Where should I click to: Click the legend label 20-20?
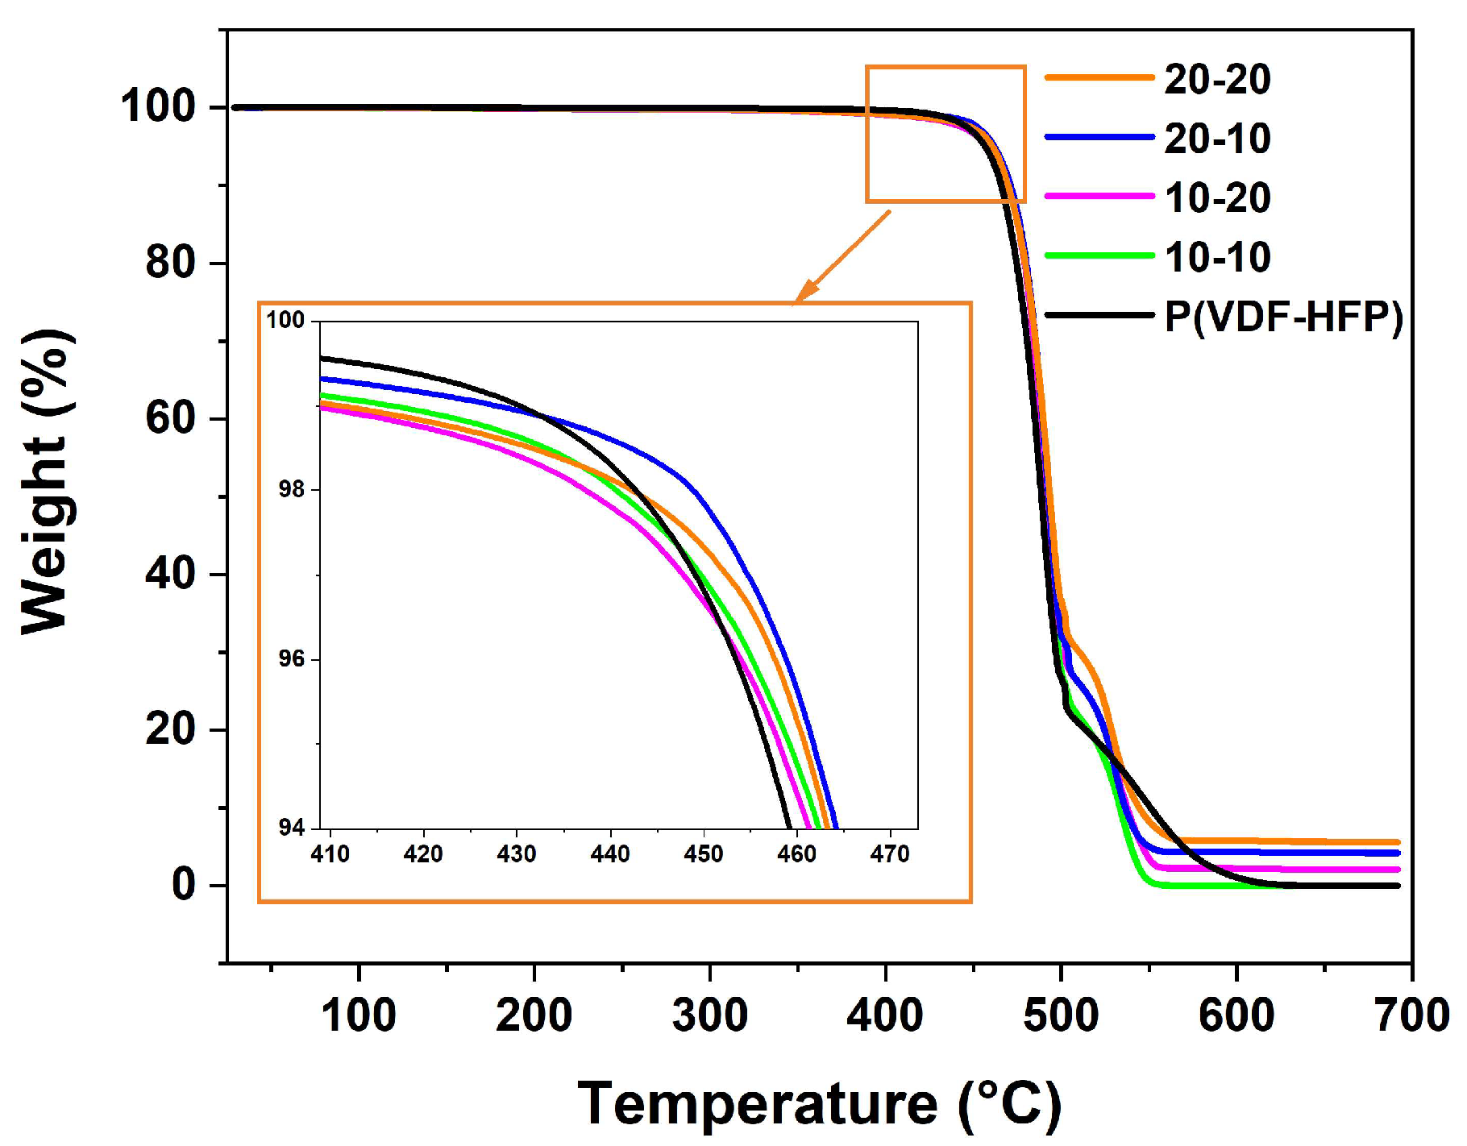coord(1217,79)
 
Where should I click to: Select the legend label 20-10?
coord(1217,139)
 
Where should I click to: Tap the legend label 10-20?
coord(1217,197)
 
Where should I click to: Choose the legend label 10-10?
coord(1217,257)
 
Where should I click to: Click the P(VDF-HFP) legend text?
coord(1283,317)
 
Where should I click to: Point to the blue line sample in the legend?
coord(1099,137)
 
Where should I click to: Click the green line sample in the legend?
coord(1099,255)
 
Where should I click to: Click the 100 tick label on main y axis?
coord(158,106)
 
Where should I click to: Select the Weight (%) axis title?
coord(46,481)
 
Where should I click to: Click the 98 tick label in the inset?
coord(291,489)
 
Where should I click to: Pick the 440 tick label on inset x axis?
coord(609,854)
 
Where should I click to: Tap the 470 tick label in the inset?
coord(889,854)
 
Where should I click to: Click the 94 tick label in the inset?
coord(291,828)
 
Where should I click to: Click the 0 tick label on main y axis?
coord(183,885)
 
